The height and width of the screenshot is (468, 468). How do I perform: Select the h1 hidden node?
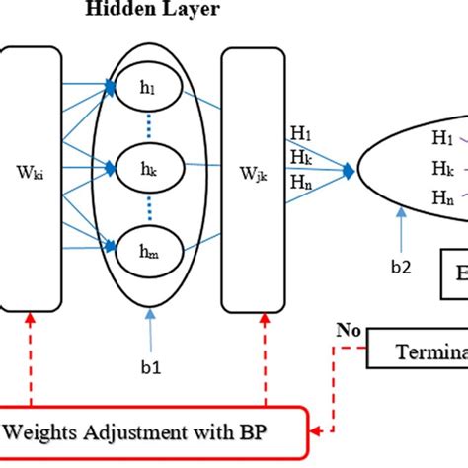click(x=147, y=90)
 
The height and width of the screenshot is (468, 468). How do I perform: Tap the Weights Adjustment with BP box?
click(x=148, y=431)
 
